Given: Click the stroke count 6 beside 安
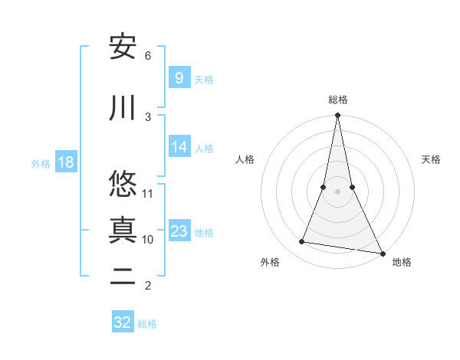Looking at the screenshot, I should point(148,55).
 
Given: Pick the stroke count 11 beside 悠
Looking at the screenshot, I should point(149,193).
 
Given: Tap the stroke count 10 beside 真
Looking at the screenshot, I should point(148,239).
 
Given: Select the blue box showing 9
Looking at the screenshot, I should point(179,77).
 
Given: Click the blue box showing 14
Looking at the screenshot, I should point(179,147).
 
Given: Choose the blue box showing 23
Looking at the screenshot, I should point(179,231).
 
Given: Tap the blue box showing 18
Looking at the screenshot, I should point(65,162).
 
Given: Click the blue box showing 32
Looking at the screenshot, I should point(123,322).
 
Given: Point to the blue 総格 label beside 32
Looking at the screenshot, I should point(147,324).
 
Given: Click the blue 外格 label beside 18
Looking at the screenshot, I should point(41,164).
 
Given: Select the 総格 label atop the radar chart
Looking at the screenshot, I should point(338,100).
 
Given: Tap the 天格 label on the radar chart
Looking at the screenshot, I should point(432,159).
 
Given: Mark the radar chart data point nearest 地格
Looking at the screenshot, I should point(382,253).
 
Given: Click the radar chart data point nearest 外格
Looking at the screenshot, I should point(302,242).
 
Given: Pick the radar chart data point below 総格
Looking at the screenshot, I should point(338,116).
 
